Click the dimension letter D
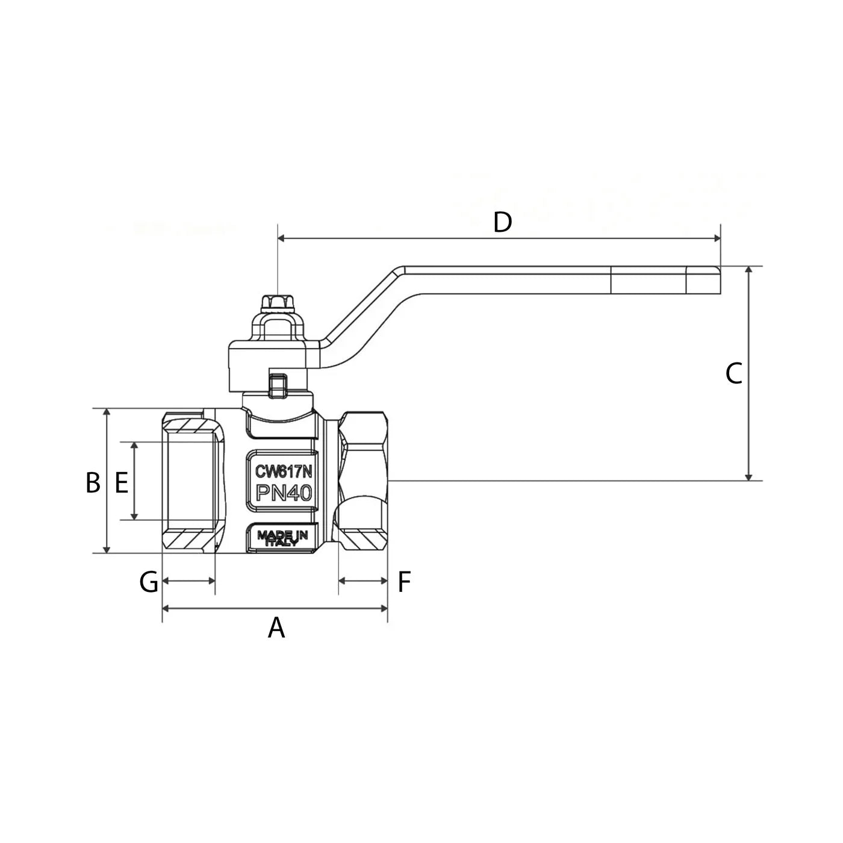(x=502, y=222)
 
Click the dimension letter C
(x=733, y=373)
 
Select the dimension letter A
(x=276, y=627)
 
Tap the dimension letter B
(x=93, y=482)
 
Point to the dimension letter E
(x=122, y=482)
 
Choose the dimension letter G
(x=149, y=582)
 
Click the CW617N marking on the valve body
(x=283, y=471)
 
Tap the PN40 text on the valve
(x=284, y=493)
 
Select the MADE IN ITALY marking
(x=282, y=538)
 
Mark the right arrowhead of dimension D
(x=717, y=238)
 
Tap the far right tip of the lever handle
(x=720, y=280)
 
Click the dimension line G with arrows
(x=189, y=580)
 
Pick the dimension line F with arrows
(x=363, y=580)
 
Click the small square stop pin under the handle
(x=277, y=385)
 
